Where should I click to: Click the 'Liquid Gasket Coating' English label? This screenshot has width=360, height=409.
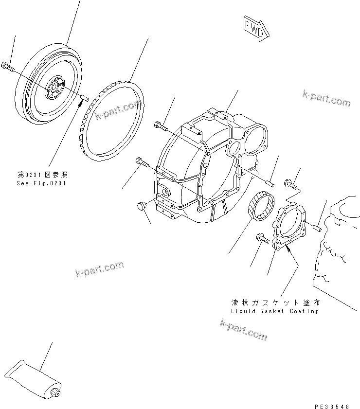click(x=275, y=311)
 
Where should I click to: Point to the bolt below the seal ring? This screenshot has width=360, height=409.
click(x=263, y=239)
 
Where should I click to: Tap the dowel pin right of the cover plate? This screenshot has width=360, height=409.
click(x=317, y=227)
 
